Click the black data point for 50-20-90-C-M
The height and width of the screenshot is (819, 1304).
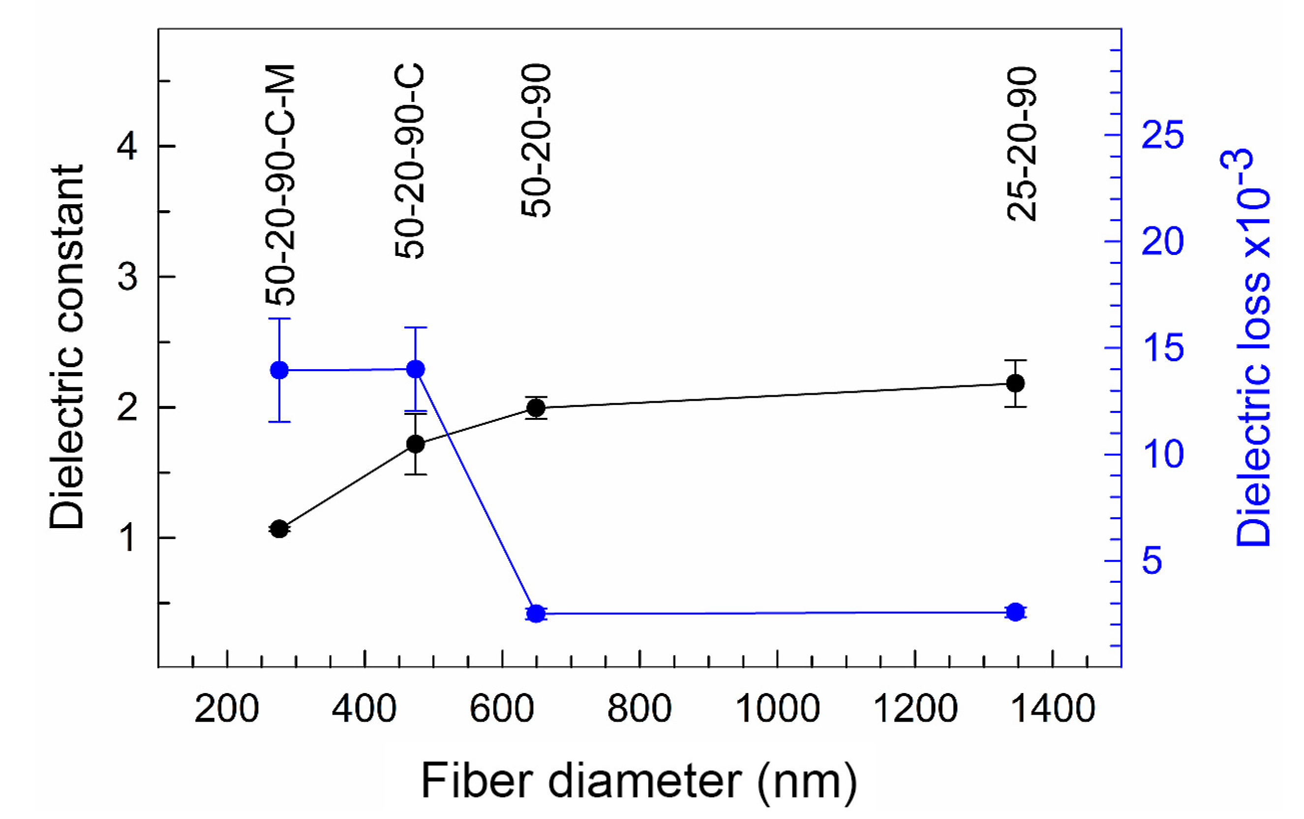(x=279, y=529)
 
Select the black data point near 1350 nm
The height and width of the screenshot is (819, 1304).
(x=1015, y=383)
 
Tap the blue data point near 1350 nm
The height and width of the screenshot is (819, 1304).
(x=1015, y=612)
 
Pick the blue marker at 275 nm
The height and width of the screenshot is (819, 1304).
(x=279, y=371)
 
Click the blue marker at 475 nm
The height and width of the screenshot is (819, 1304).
(x=415, y=370)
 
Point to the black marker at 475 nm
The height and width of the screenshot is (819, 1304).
(x=415, y=444)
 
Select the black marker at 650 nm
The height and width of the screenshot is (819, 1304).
(x=536, y=408)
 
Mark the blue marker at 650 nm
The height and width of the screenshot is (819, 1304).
(x=536, y=614)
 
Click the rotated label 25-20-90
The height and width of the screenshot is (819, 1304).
(x=1022, y=144)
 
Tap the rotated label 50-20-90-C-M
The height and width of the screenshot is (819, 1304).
(x=280, y=184)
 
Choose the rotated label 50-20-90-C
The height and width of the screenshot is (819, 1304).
(x=410, y=161)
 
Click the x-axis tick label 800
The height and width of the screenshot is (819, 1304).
(x=639, y=708)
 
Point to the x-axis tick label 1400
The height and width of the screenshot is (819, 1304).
(x=1053, y=708)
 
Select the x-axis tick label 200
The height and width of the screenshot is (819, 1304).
(x=226, y=708)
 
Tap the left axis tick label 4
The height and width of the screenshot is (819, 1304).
(x=127, y=146)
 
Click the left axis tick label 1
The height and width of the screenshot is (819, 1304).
(x=127, y=538)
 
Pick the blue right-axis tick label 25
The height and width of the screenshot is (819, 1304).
(x=1162, y=135)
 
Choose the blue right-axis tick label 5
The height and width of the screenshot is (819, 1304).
(x=1152, y=560)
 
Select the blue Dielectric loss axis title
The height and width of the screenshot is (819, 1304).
(x=1252, y=346)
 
